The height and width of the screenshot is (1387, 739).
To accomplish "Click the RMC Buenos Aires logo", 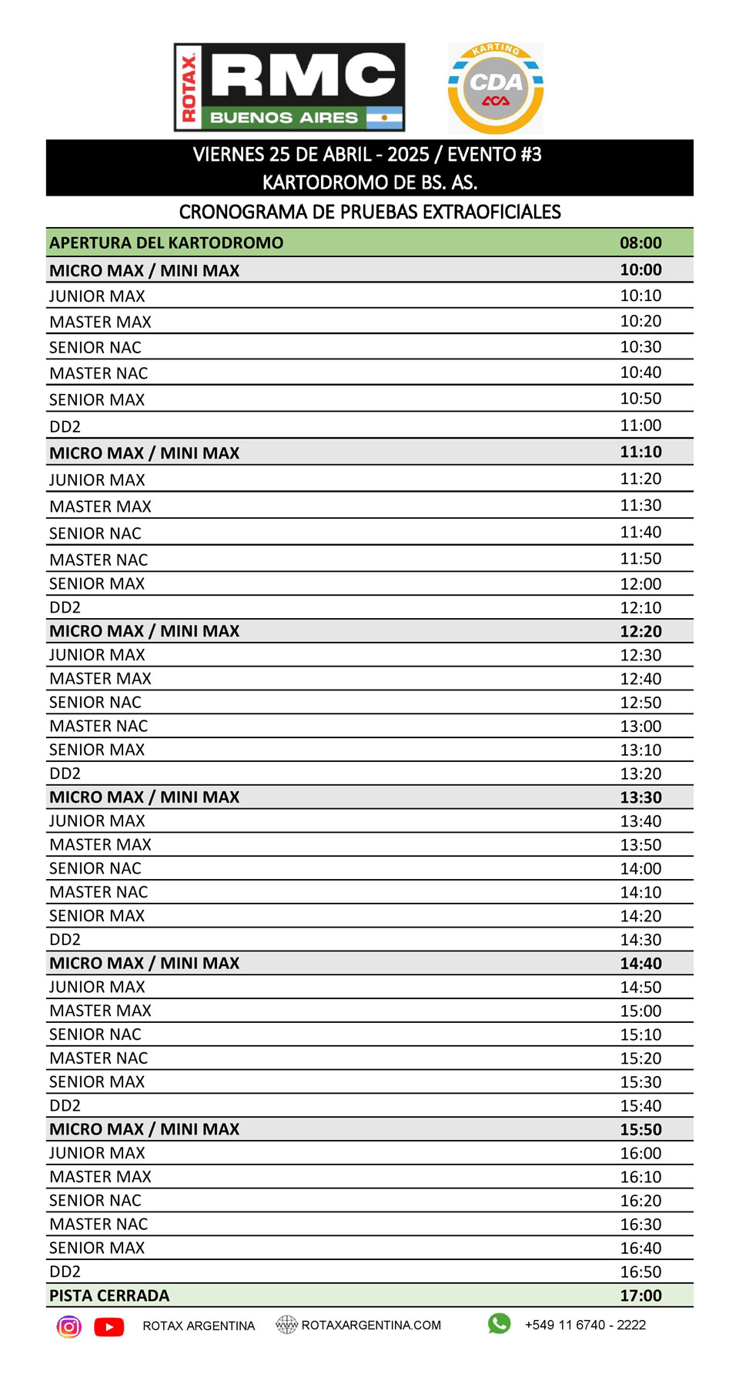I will pyautogui.click(x=289, y=87).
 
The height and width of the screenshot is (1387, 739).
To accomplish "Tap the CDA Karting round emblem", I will pyautogui.click(x=496, y=89).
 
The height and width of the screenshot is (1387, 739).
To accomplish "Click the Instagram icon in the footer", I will pyautogui.click(x=69, y=1326).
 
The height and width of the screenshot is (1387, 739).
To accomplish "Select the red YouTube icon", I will pyautogui.click(x=109, y=1326).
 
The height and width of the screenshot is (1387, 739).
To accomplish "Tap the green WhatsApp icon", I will pyautogui.click(x=499, y=1323).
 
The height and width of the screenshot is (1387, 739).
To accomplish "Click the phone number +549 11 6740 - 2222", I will pyautogui.click(x=585, y=1325).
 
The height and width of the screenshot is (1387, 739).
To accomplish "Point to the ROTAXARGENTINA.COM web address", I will pyautogui.click(x=371, y=1325).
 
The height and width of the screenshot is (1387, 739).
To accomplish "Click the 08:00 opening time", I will pyautogui.click(x=640, y=242).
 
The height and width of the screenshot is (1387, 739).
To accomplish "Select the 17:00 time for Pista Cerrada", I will pyautogui.click(x=640, y=1295).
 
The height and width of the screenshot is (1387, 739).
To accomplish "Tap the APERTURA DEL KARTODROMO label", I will pyautogui.click(x=166, y=242).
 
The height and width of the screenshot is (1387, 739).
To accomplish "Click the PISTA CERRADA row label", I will pyautogui.click(x=109, y=1295).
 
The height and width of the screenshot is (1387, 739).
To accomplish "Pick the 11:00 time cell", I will pyautogui.click(x=640, y=425).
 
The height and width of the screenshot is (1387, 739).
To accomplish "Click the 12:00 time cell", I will pyautogui.click(x=640, y=583).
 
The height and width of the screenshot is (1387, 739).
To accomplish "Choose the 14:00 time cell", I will pyautogui.click(x=640, y=868).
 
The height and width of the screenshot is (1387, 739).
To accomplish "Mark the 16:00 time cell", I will pyautogui.click(x=640, y=1153).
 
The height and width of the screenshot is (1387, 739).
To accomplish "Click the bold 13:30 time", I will pyautogui.click(x=640, y=797).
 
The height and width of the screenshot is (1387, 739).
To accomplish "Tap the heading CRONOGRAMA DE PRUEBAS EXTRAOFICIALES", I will pyautogui.click(x=369, y=212).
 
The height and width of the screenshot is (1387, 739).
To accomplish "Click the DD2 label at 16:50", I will pyautogui.click(x=65, y=1272).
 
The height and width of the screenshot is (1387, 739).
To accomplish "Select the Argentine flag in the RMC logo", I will pyautogui.click(x=384, y=118).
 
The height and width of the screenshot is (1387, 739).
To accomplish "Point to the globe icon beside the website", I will pyautogui.click(x=286, y=1325).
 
